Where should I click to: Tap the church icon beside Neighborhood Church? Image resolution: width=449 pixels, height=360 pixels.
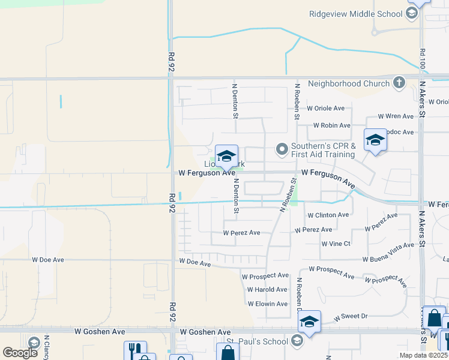click(398, 83)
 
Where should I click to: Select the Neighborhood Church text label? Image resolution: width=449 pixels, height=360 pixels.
click(349, 83)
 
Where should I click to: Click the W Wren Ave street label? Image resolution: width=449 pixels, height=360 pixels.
click(396, 116)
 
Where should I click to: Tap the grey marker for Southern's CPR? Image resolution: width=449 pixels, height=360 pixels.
click(282, 149)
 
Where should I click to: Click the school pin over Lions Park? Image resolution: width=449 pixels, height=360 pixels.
click(226, 156)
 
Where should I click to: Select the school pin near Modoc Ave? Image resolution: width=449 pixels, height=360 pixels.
click(375, 140)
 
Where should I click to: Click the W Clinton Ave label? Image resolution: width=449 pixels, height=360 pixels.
click(327, 215)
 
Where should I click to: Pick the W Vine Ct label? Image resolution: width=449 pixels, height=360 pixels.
click(336, 244)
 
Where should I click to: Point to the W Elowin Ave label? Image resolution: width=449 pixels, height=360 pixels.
click(268, 304)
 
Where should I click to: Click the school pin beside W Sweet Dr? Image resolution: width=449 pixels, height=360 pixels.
click(309, 322)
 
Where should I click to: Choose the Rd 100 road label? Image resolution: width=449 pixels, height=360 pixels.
click(423, 58)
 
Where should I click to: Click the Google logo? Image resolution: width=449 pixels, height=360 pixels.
click(20, 353)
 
